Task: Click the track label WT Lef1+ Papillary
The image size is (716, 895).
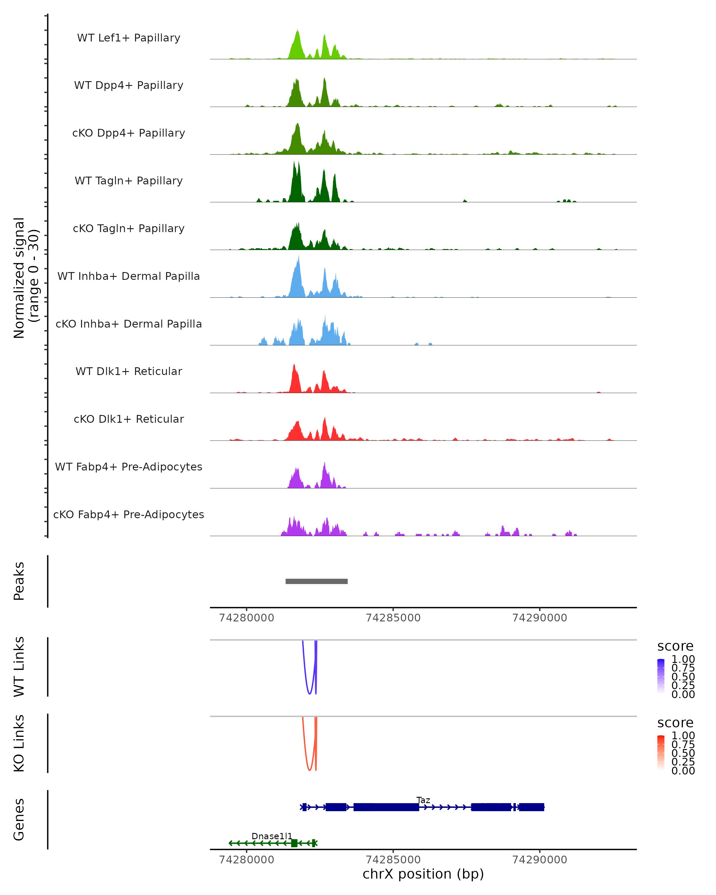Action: pyautogui.click(x=129, y=38)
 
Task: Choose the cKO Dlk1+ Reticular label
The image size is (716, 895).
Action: pyautogui.click(x=129, y=419)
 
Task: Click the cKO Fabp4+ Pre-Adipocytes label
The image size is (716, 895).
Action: pyautogui.click(x=129, y=514)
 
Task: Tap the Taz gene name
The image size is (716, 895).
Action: pyautogui.click(x=423, y=800)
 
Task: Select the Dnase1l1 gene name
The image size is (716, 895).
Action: pyautogui.click(x=272, y=836)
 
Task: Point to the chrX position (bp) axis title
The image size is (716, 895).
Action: pyautogui.click(x=423, y=874)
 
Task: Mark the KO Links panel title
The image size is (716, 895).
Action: pyautogui.click(x=19, y=743)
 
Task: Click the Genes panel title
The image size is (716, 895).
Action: pyautogui.click(x=19, y=820)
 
